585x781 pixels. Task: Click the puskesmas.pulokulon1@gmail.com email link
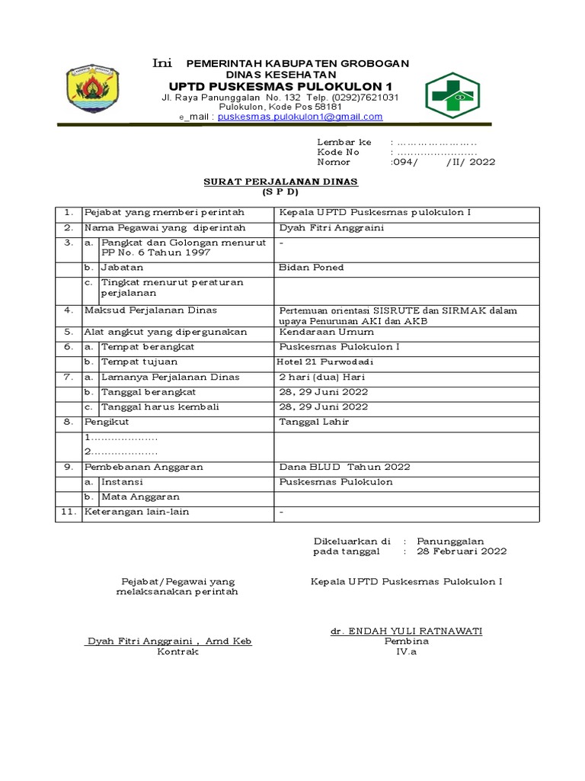[300, 117]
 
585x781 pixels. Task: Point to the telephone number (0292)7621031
[363, 98]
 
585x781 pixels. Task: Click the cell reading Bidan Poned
[312, 268]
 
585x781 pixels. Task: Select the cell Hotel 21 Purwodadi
[321, 362]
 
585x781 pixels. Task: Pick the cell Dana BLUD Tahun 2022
[344, 467]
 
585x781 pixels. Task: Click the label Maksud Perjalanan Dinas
[150, 310]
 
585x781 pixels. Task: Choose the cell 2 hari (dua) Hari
[324, 377]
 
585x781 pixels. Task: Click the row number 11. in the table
[68, 512]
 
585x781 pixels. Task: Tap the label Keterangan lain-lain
[136, 512]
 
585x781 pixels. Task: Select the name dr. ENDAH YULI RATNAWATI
[406, 631]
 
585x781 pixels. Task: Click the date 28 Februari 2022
[455, 551]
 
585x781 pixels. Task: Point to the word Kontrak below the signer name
[177, 652]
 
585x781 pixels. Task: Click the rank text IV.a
[406, 652]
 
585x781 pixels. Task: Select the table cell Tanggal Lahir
[314, 421]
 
